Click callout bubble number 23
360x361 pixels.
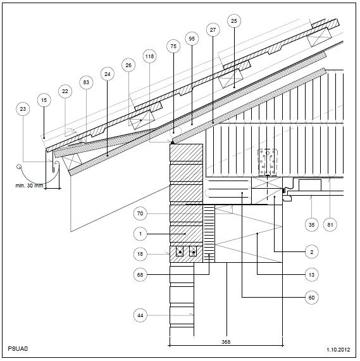click(23, 109)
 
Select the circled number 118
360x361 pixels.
click(149, 56)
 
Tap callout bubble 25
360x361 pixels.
click(233, 21)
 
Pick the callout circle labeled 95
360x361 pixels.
click(192, 39)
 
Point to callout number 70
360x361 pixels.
click(140, 213)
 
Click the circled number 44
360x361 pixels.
click(140, 315)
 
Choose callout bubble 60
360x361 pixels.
click(311, 298)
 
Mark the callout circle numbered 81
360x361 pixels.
click(330, 224)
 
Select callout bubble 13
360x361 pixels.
click(311, 275)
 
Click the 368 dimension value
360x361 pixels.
click(226, 342)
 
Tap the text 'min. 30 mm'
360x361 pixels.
click(29, 186)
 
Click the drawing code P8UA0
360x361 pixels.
click(18, 348)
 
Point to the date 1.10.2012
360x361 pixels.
click(338, 350)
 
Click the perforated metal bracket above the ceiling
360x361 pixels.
click(267, 163)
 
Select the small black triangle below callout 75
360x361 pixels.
click(172, 142)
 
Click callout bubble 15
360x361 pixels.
click(44, 100)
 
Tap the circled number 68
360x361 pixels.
click(140, 275)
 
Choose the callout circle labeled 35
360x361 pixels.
click(311, 224)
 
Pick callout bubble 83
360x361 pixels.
click(86, 82)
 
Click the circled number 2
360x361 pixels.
click(311, 252)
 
